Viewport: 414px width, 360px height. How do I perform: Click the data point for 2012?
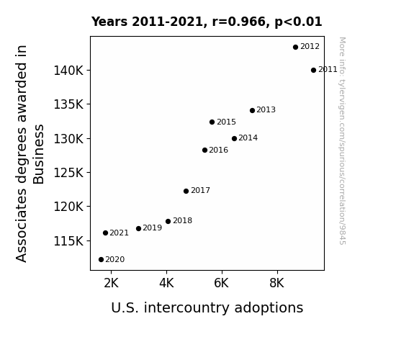(x=295, y=48)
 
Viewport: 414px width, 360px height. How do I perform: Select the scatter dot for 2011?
(x=313, y=71)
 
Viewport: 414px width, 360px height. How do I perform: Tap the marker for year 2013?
(x=252, y=110)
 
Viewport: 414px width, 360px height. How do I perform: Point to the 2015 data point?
(x=212, y=122)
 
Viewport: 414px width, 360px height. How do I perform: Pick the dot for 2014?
(x=234, y=138)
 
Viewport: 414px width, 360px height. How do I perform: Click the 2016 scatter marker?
(x=204, y=150)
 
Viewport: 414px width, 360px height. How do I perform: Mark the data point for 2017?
(x=186, y=191)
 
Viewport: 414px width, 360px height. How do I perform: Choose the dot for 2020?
(x=101, y=260)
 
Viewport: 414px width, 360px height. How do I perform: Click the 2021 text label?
(x=119, y=233)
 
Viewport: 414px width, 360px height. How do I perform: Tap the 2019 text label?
(x=153, y=228)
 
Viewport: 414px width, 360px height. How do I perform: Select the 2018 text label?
(x=182, y=220)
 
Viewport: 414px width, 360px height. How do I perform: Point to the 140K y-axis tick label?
(x=68, y=71)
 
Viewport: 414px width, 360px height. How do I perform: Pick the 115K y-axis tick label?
(x=68, y=241)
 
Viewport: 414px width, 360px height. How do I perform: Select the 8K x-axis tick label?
(x=276, y=283)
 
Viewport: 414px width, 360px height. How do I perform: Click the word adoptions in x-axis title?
(x=269, y=308)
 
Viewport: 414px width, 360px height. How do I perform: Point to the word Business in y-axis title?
(x=39, y=154)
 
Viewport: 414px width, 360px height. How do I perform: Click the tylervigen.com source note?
(x=342, y=141)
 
